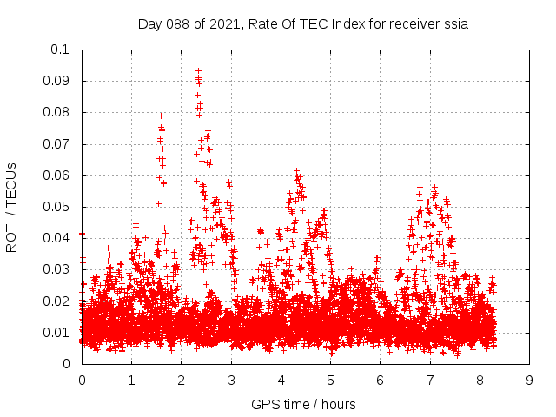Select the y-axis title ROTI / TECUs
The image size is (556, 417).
(x=11, y=207)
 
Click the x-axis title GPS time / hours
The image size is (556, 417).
(x=303, y=404)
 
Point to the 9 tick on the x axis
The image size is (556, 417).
(x=529, y=380)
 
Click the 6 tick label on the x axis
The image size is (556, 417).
(x=380, y=380)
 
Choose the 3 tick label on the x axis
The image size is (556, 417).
(x=231, y=380)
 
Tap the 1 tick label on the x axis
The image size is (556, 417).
(x=131, y=380)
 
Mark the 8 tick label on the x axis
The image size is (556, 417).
(x=480, y=380)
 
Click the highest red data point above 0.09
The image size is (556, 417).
(x=198, y=70)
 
